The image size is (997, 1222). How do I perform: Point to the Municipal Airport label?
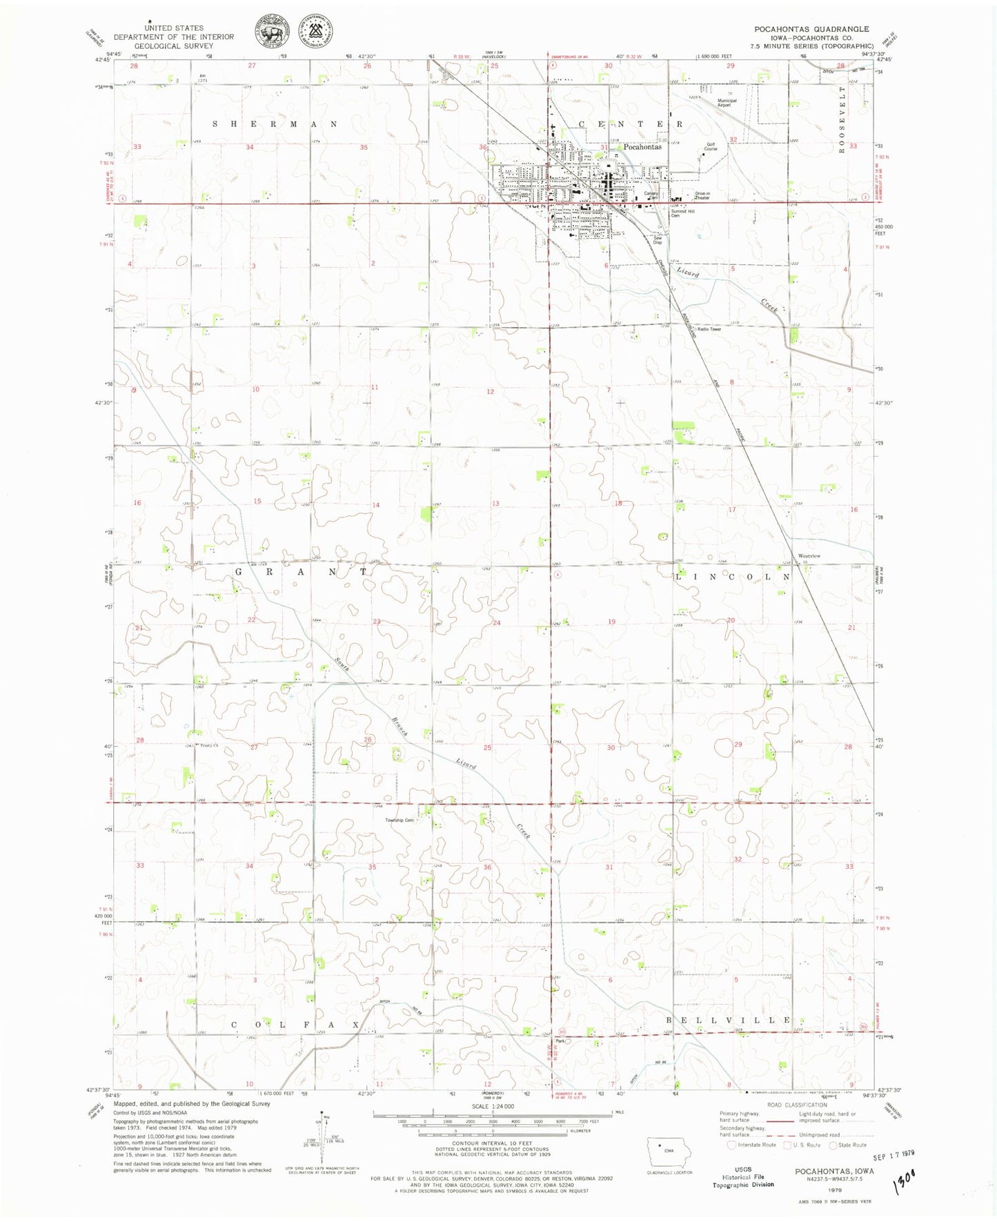point(727,103)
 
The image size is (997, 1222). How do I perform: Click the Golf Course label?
point(711,147)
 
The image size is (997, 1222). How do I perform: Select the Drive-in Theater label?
point(702,196)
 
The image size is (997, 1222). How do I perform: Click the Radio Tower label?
point(709,329)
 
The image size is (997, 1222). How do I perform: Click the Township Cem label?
point(399,820)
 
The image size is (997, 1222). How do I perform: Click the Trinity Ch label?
point(208,745)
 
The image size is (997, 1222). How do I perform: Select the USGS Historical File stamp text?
point(742,1176)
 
